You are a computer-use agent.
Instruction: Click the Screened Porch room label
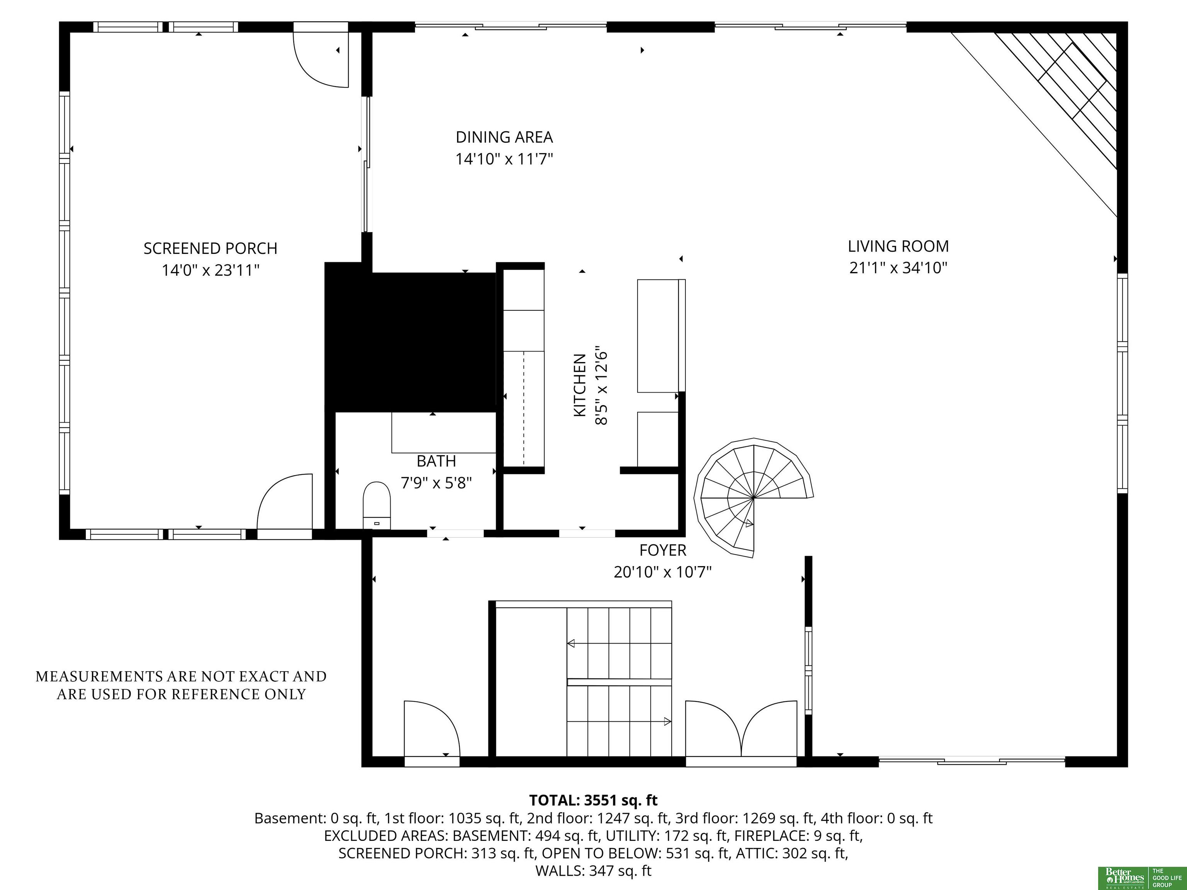click(210, 248)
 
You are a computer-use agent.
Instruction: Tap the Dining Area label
click(504, 138)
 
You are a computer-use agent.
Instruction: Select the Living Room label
click(898, 247)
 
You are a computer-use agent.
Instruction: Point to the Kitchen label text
click(580, 385)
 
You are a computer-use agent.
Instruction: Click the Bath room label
click(436, 461)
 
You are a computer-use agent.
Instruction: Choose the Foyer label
click(663, 550)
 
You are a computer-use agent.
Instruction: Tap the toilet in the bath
click(377, 505)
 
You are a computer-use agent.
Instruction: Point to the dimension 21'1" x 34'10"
click(898, 268)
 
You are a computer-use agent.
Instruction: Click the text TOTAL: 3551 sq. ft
click(593, 800)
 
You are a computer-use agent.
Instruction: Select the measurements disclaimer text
click(181, 685)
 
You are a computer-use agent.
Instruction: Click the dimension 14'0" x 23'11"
click(210, 270)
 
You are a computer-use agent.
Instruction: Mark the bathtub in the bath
click(444, 433)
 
